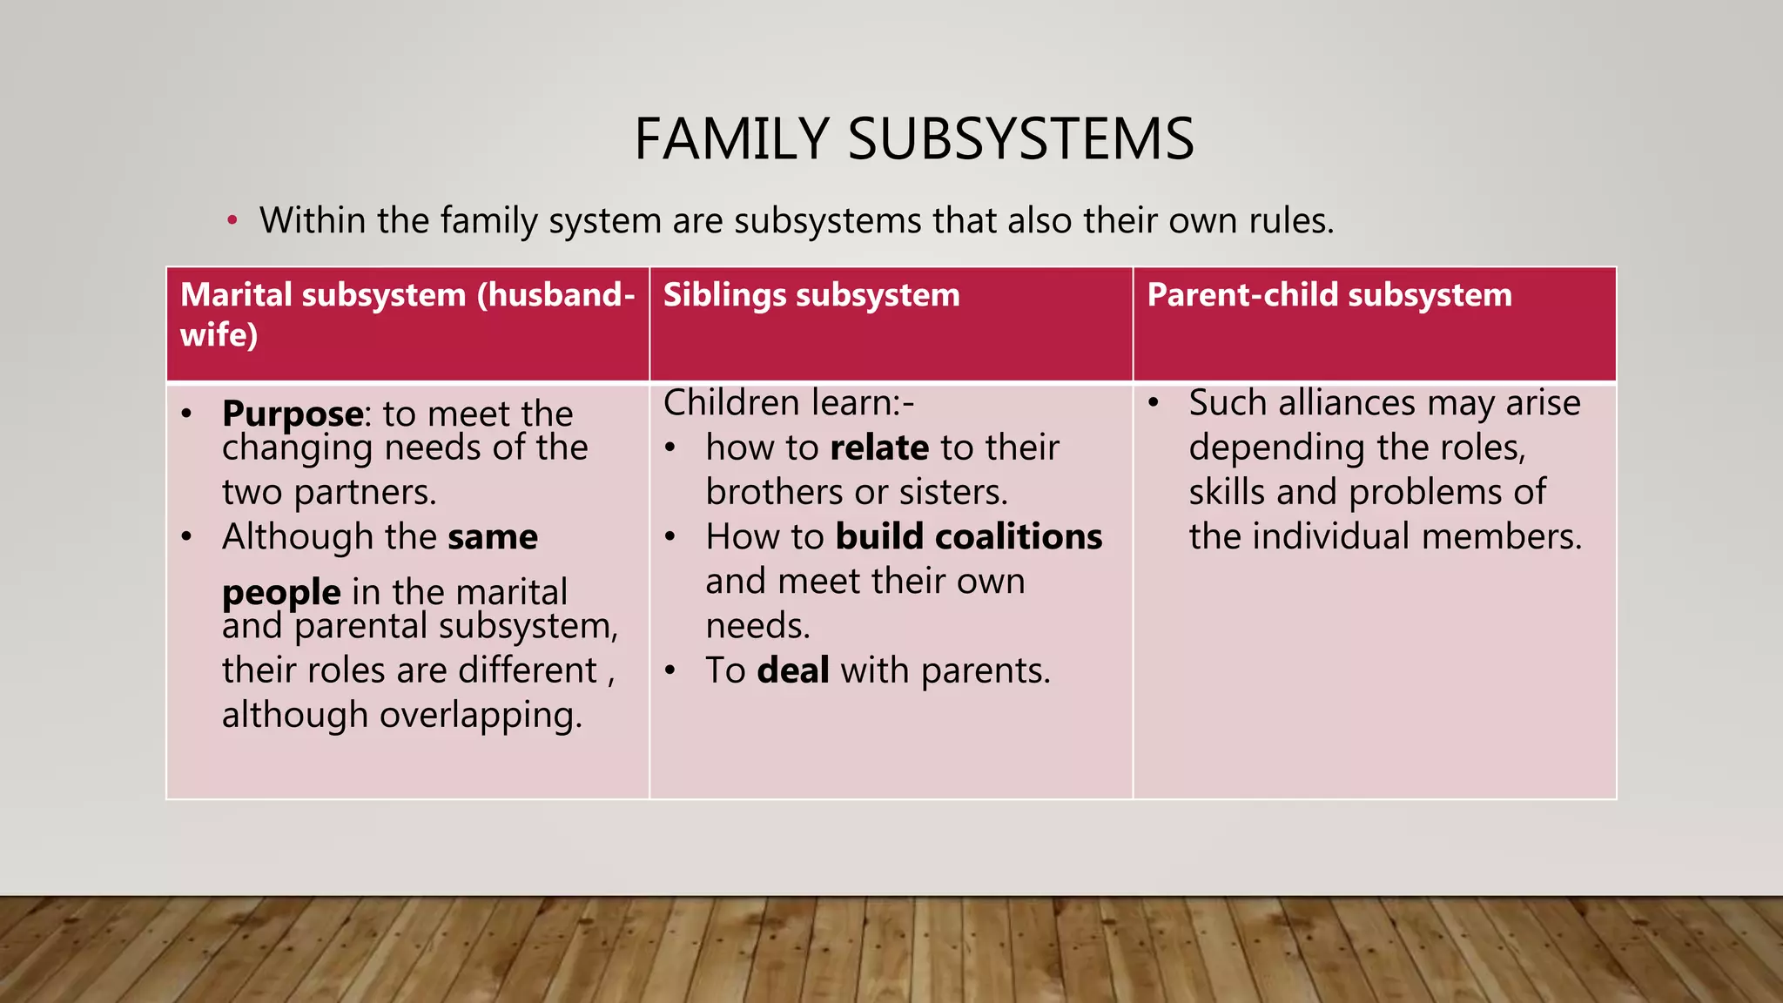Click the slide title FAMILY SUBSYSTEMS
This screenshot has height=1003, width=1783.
pyautogui.click(x=914, y=139)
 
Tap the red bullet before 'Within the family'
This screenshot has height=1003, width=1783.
pyautogui.click(x=232, y=220)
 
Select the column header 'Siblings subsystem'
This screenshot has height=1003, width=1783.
pyautogui.click(x=811, y=294)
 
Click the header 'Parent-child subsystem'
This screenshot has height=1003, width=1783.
pyautogui.click(x=1329, y=294)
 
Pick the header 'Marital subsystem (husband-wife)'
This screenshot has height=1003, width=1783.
pyautogui.click(x=407, y=313)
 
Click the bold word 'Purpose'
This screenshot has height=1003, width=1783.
pyautogui.click(x=293, y=413)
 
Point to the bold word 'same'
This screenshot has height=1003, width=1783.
pyautogui.click(x=492, y=536)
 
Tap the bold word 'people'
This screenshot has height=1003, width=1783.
pyautogui.click(x=281, y=592)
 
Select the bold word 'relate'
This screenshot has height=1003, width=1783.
pyautogui.click(x=879, y=448)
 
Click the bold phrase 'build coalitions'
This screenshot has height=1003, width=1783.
pyautogui.click(x=969, y=536)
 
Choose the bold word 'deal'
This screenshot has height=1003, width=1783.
pyautogui.click(x=793, y=670)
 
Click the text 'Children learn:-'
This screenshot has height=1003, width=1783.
pyautogui.click(x=789, y=403)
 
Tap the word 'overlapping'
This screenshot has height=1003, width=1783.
pyautogui.click(x=480, y=715)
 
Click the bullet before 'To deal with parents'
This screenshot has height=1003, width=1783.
pyautogui.click(x=669, y=670)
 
